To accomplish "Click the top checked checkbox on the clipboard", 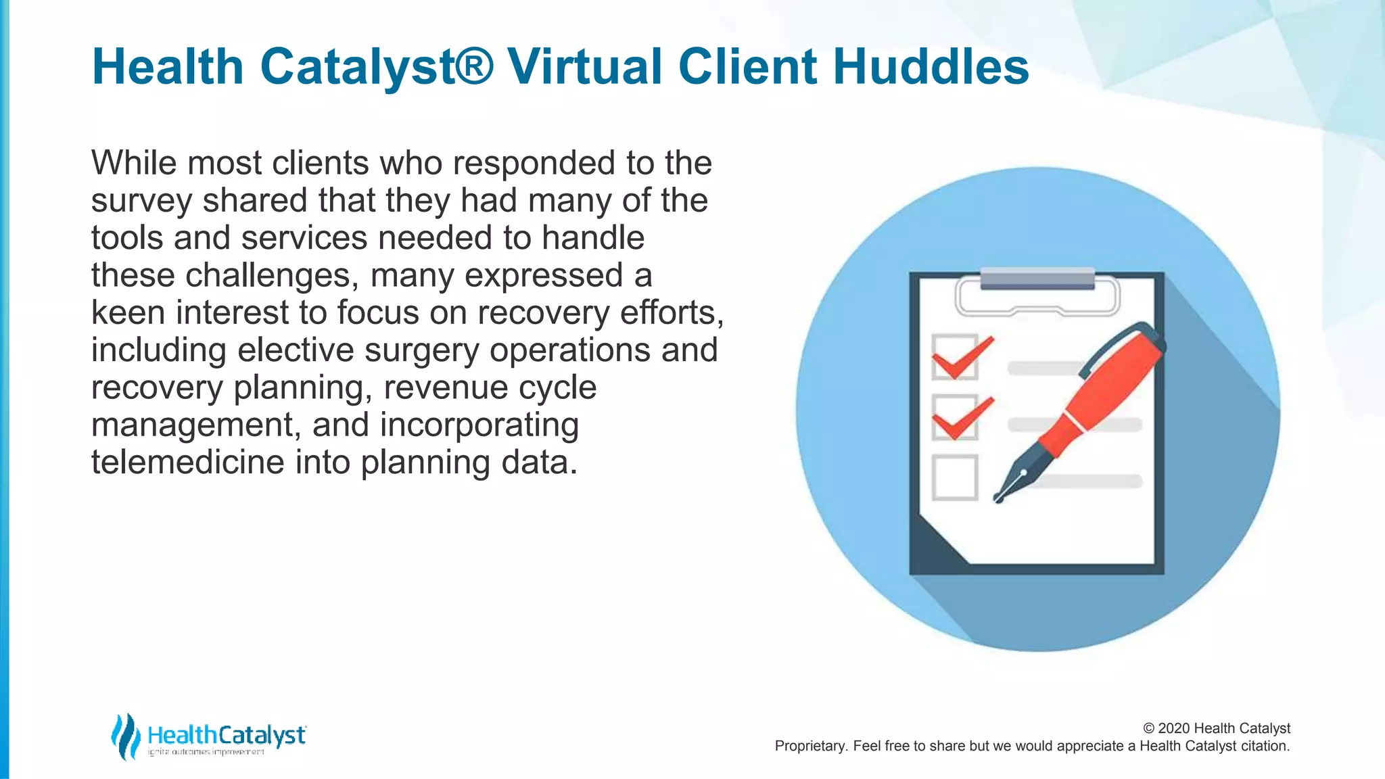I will click(x=955, y=357).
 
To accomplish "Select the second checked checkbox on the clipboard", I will click(x=955, y=417).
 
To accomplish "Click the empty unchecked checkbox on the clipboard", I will click(x=955, y=477).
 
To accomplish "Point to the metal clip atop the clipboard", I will click(x=1037, y=279).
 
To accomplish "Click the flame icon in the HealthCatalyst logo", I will click(x=125, y=736).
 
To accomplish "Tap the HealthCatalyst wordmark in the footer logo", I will click(x=226, y=734).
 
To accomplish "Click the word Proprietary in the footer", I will click(x=810, y=746).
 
